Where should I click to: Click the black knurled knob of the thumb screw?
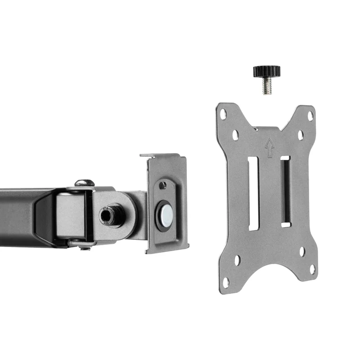click(x=266, y=71)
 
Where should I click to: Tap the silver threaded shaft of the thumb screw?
click(x=266, y=86)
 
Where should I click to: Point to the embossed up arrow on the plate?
click(x=270, y=147)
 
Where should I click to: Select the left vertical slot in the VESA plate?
click(x=253, y=193)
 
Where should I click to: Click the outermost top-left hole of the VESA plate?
click(x=223, y=114)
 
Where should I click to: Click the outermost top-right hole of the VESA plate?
click(x=310, y=116)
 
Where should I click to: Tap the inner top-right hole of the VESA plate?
click(x=300, y=135)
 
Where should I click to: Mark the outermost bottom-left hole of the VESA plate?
click(x=226, y=282)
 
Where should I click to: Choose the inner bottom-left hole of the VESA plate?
click(x=237, y=260)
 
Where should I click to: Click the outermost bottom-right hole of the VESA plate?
click(x=312, y=270)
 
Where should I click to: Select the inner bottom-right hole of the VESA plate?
click(x=302, y=252)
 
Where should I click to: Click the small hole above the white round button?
click(x=162, y=185)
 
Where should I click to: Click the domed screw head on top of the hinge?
click(x=85, y=183)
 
